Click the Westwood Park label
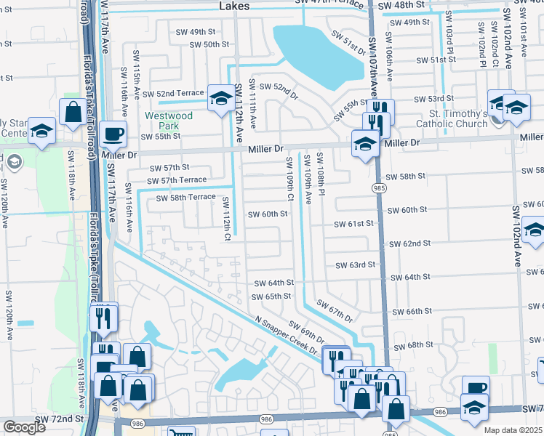point(168,121)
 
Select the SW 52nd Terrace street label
point(173,94)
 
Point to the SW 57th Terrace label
point(178,181)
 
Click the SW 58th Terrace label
point(186,197)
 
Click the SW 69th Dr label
point(305,332)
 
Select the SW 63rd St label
point(355,265)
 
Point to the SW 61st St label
point(353,224)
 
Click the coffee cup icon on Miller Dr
point(113,134)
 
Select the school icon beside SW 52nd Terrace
point(220,97)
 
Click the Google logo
point(25,428)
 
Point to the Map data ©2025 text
point(511,431)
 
